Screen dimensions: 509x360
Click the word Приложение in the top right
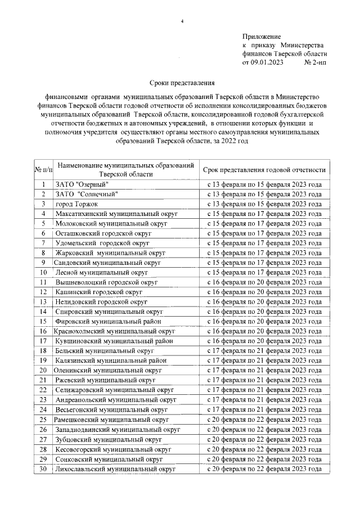(262, 36)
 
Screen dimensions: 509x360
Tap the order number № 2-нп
(314, 62)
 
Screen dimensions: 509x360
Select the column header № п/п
(43, 169)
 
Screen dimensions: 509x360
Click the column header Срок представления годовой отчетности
(264, 169)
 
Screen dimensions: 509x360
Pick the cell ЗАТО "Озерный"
(82, 184)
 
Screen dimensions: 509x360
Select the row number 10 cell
(43, 272)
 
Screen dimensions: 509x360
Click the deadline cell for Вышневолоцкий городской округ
(264, 282)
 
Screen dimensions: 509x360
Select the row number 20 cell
(43, 370)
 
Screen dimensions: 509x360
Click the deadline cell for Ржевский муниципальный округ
(264, 380)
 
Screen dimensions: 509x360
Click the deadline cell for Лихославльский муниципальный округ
(264, 469)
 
